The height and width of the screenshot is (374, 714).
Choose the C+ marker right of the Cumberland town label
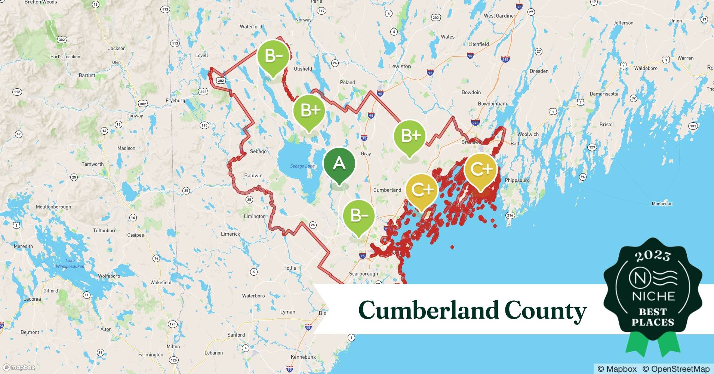pyautogui.click(x=421, y=190)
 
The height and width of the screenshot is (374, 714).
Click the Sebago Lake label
pyautogui.click(x=302, y=166)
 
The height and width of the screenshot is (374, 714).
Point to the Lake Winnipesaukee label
pyautogui.click(x=70, y=263)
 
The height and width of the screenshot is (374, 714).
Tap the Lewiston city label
pyautogui.click(x=400, y=66)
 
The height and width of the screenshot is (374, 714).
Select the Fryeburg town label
pyautogui.click(x=175, y=101)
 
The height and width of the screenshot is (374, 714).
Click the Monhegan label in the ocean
pyautogui.click(x=662, y=204)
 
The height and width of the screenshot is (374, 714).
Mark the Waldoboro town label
pyautogui.click(x=646, y=68)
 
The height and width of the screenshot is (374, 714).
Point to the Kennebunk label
pyautogui.click(x=303, y=357)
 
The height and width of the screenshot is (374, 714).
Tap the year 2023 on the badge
pyautogui.click(x=652, y=256)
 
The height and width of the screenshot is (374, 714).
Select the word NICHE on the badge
pyautogui.click(x=653, y=297)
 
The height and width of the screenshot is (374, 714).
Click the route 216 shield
pyautogui.click(x=510, y=215)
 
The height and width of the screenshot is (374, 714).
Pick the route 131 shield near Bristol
pyautogui.click(x=693, y=126)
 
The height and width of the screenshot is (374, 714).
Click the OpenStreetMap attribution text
pyautogui.click(x=675, y=369)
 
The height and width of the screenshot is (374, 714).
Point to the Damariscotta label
pyautogui.click(x=604, y=94)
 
